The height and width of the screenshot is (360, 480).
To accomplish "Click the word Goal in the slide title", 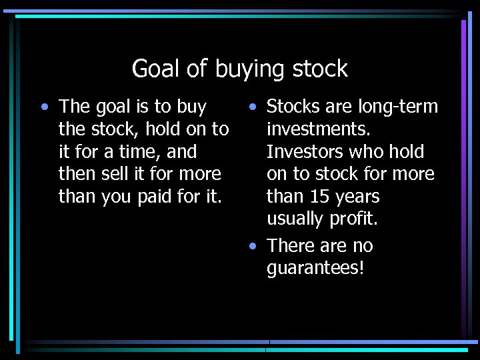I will (x=152, y=69).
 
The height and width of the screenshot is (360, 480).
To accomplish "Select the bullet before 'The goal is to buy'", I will (x=43, y=107).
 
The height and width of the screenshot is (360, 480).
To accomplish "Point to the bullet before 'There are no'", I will (x=251, y=246).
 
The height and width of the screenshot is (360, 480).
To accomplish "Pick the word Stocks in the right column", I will (x=293, y=107).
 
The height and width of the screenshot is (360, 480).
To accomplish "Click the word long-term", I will (x=398, y=107).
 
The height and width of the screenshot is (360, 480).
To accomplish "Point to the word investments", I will (x=318, y=129).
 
